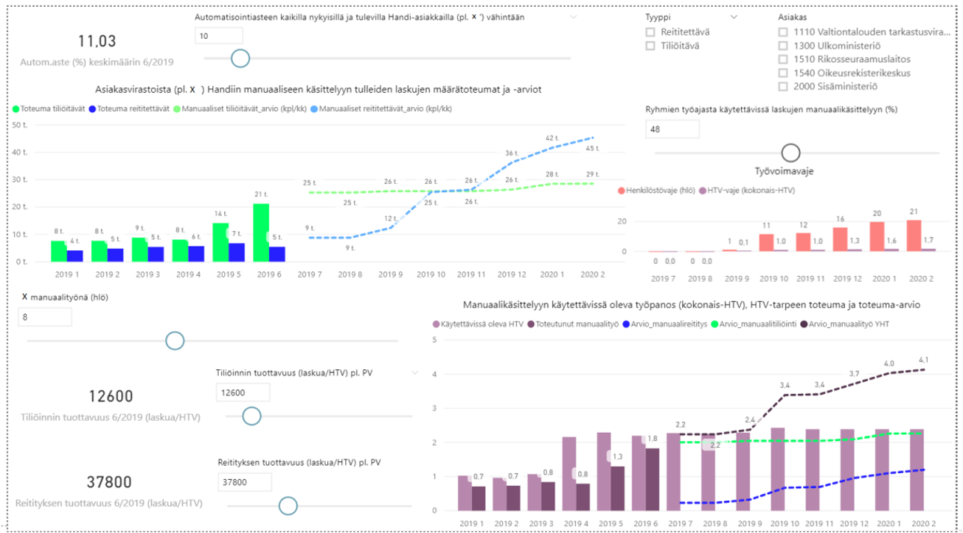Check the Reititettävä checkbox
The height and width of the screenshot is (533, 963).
(x=650, y=32)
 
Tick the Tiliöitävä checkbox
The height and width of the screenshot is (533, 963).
(x=650, y=46)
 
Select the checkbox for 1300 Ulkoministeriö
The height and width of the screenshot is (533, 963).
(x=783, y=46)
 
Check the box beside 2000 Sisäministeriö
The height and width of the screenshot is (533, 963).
(x=783, y=86)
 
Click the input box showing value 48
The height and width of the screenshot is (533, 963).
(x=672, y=129)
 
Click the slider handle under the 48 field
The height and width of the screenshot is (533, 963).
(x=790, y=152)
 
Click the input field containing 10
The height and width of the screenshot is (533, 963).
(x=218, y=36)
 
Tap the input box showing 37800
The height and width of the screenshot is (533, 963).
(x=244, y=482)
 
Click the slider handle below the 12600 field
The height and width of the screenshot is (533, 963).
(x=252, y=416)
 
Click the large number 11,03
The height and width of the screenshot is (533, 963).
(x=97, y=42)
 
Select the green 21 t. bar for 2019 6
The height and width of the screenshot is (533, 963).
(x=261, y=232)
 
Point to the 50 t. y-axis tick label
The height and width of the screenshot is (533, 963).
(x=19, y=125)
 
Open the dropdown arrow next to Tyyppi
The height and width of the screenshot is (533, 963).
(x=734, y=16)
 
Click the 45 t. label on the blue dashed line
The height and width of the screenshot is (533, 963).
(x=592, y=148)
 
